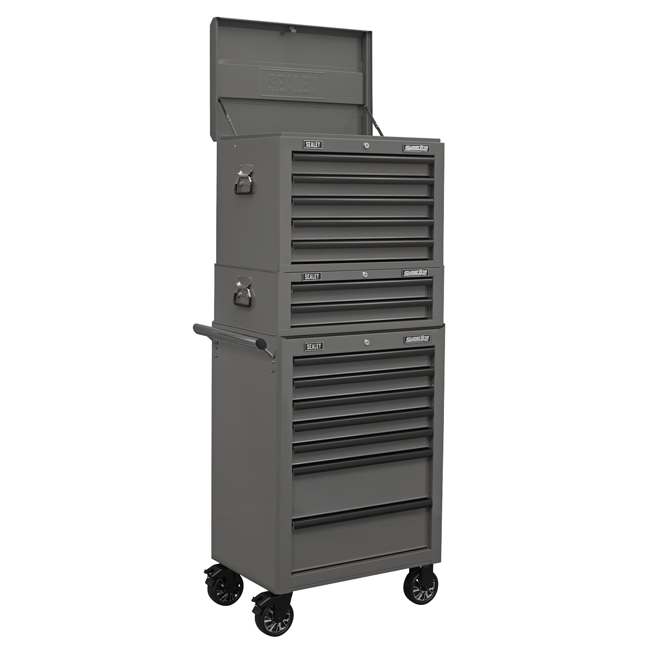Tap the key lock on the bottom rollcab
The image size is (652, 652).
point(366,342)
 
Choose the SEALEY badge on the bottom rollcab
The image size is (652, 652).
point(314,346)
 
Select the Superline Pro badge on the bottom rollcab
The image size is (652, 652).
point(417,339)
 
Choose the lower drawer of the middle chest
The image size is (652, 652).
point(361,313)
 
